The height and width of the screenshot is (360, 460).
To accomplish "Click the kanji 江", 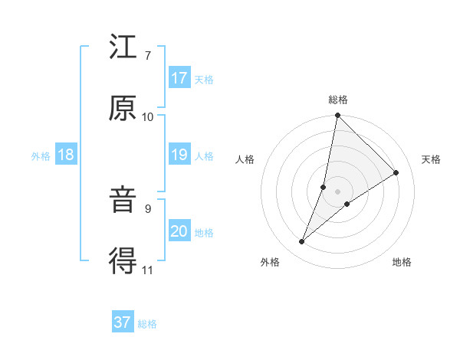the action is click(123, 49).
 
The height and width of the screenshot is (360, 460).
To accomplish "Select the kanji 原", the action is click(123, 109).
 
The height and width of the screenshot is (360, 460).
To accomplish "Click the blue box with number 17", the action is click(179, 78).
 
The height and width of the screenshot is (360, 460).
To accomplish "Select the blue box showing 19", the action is click(179, 155).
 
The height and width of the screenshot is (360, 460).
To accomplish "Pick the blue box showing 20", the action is click(179, 232).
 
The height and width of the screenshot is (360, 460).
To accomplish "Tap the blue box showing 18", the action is click(66, 155).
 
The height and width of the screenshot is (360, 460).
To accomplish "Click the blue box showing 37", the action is click(123, 322).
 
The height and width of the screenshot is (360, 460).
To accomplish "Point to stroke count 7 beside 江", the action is click(148, 55).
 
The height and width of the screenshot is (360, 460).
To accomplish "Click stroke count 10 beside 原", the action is click(148, 116).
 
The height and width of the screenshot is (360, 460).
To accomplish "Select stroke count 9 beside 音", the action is click(148, 208).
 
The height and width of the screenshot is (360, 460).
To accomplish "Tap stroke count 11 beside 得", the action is click(148, 270).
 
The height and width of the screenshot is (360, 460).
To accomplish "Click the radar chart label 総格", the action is click(338, 100).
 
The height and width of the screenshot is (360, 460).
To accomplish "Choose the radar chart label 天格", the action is click(431, 159).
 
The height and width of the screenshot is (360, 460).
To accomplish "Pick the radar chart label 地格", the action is click(402, 262).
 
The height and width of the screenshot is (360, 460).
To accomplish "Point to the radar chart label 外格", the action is click(270, 262).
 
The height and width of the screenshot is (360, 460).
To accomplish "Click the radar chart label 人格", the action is click(245, 159).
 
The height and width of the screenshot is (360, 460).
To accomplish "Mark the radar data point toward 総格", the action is click(337, 116).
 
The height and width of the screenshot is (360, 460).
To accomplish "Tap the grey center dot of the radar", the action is click(337, 191).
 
